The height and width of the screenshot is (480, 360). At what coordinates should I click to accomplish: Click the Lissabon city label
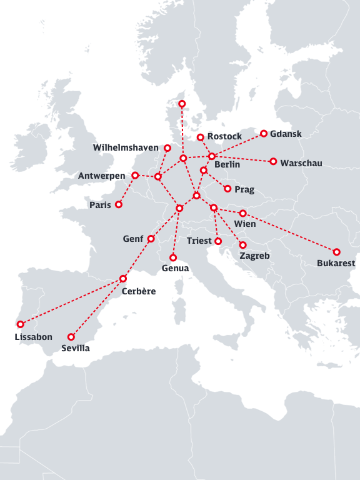[33, 337]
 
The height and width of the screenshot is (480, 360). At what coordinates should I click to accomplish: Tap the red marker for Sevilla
[71, 336]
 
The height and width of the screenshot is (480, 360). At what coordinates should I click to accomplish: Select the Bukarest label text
[336, 263]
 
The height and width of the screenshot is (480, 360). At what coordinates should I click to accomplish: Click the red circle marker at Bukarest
[337, 252]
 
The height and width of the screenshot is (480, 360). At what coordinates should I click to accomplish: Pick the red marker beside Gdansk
[264, 133]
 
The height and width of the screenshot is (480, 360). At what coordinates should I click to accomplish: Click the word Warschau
[301, 163]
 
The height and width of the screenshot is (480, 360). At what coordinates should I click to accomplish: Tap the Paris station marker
[119, 204]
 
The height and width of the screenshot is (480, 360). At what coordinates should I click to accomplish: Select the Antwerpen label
[101, 176]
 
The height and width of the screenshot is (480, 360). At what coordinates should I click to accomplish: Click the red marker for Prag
[227, 188]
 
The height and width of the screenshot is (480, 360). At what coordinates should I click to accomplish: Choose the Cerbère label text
[139, 291]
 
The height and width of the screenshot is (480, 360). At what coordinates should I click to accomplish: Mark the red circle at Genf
[151, 239]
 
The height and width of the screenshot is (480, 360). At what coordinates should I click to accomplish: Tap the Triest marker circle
[218, 241]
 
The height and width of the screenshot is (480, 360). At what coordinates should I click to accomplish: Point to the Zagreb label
[254, 256]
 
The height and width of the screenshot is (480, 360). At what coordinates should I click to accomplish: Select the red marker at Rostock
[200, 137]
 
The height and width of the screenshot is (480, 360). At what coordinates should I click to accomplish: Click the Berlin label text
[227, 165]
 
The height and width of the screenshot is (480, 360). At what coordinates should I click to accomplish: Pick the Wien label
[244, 224]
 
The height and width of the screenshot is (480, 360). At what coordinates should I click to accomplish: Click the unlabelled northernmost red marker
[182, 103]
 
